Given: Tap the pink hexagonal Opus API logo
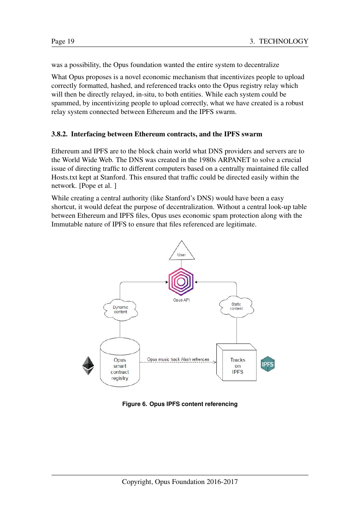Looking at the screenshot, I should (x=181, y=281).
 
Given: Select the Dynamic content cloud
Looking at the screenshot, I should (x=121, y=310).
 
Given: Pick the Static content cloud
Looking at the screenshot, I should (x=236, y=306).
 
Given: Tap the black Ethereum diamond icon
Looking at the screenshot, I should (x=88, y=365).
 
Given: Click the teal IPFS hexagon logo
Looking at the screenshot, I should (x=268, y=364).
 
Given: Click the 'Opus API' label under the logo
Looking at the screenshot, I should (x=182, y=300).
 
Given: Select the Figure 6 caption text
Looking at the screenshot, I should (x=180, y=404).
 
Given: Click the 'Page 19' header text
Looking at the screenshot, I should (x=63, y=41).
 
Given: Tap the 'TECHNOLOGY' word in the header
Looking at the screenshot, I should (x=283, y=41).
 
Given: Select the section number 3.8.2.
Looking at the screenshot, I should (x=59, y=134).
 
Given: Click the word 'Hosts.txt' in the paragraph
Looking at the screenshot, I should (x=64, y=177).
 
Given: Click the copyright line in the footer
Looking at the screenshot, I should (x=180, y=482).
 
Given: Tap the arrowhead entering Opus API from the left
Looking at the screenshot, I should (x=167, y=282).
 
